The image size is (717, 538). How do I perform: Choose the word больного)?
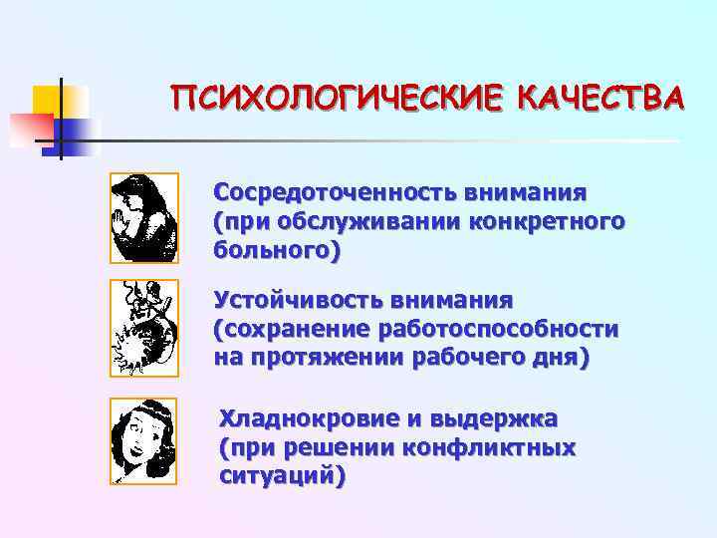click(278, 250)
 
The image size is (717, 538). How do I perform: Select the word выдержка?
click(494, 417)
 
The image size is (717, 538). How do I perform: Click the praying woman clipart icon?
click(143, 218)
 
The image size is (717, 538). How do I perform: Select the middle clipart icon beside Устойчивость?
click(143, 328)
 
